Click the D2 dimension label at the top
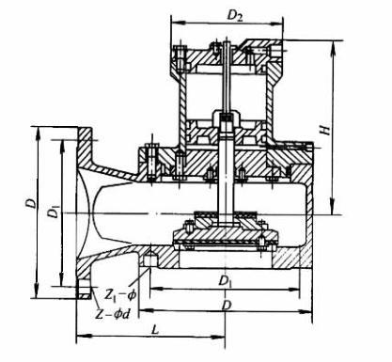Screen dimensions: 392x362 (235, 16)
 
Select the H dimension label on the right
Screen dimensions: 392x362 (326, 129)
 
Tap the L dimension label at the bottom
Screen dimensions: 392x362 (155, 329)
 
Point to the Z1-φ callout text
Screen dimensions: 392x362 (120, 295)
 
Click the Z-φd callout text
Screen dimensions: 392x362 (112, 314)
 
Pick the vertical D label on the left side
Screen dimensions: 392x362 (31, 203)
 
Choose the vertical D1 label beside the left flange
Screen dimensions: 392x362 (54, 212)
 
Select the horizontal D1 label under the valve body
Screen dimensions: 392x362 (226, 280)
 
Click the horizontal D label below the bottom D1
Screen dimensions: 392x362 (226, 305)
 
